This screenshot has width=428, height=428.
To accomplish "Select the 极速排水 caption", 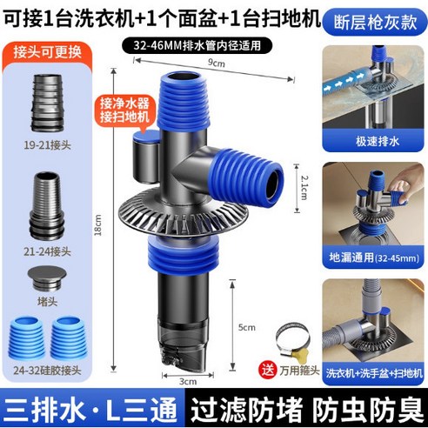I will tap(376, 141).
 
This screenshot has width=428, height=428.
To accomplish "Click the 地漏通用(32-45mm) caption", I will tap(374, 258).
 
